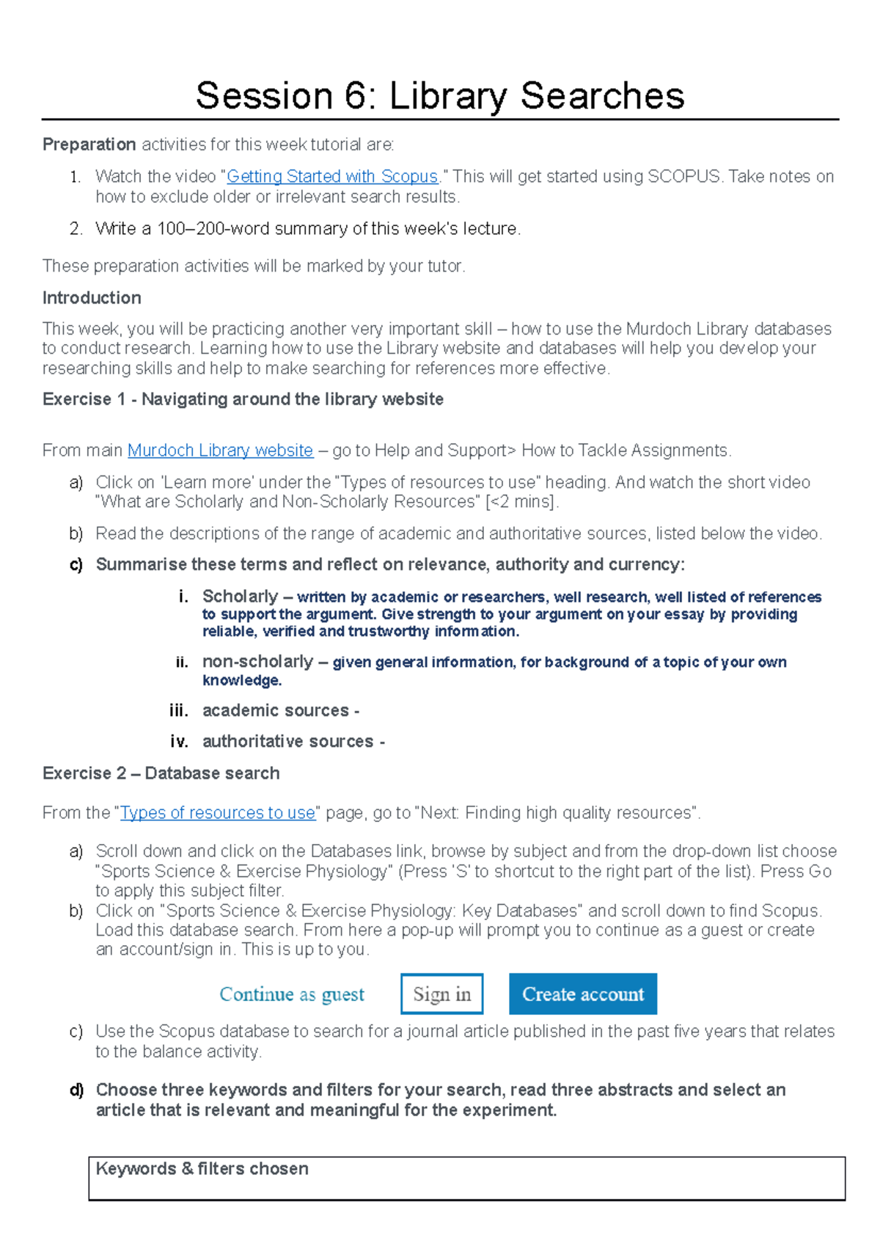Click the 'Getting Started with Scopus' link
pos(332,176)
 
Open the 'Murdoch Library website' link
pos(220,450)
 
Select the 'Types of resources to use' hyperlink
pos(217,812)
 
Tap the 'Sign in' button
pos(441,994)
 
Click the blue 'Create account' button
pos(583,994)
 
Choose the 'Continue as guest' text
pos(292,994)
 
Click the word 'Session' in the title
pos(264,96)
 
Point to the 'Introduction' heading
pos(92,298)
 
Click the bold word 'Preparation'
pos(89,145)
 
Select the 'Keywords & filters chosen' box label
pos(202,1168)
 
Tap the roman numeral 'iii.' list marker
pos(178,710)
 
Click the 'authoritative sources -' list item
pos(293,741)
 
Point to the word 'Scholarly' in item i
pos(240,596)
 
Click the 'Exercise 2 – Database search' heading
pos(161,773)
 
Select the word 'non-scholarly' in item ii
pos(257,661)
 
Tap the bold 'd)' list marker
pos(76,1090)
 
